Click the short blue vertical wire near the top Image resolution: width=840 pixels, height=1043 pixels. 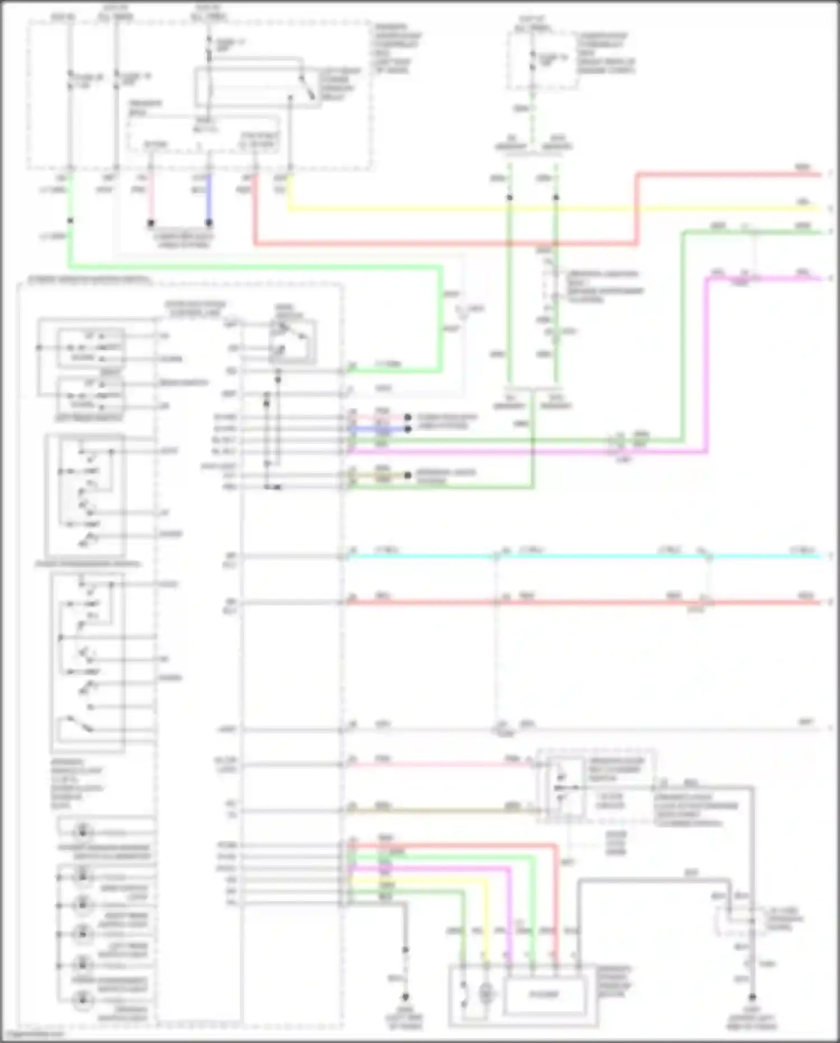tap(209, 199)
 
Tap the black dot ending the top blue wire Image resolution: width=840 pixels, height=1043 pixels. tap(209, 223)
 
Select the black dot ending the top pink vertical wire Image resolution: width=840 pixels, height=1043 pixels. tap(151, 223)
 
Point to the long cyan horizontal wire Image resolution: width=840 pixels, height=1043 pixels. tap(588, 557)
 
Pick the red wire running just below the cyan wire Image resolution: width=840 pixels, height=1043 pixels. tap(588, 602)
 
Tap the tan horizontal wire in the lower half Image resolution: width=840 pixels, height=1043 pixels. tap(437, 810)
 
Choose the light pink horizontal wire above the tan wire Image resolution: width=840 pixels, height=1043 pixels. tap(437, 764)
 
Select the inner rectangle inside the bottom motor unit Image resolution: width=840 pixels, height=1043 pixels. tap(544, 995)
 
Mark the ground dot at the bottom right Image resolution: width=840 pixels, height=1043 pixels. tap(752, 997)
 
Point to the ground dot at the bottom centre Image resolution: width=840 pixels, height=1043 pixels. tap(405, 997)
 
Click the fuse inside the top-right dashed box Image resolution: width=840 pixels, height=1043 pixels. tap(533, 59)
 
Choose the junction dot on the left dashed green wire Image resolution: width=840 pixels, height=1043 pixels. tap(510, 198)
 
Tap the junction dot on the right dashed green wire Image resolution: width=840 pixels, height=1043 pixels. tap(556, 198)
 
